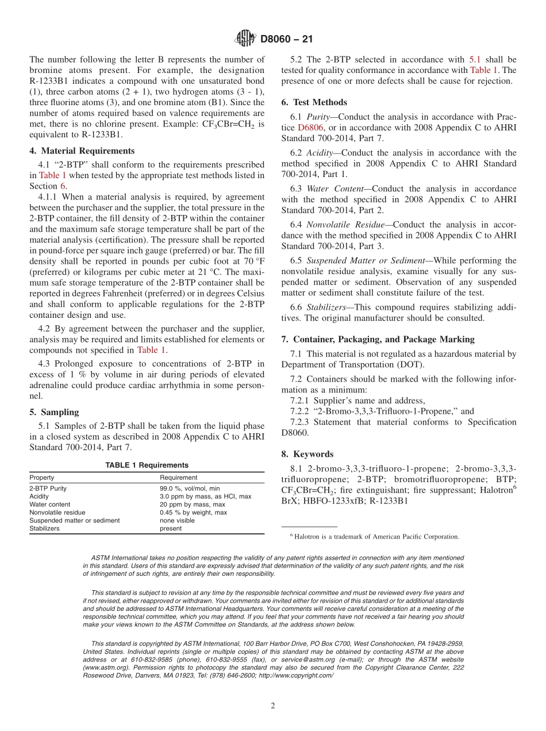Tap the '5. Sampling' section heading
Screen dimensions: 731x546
pyautogui.click(x=54, y=412)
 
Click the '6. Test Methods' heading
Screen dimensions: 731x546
pyautogui.click(x=314, y=102)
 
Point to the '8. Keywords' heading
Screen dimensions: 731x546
pyautogui.click(x=307, y=454)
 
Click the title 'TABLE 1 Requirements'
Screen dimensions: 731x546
pyautogui.click(x=147, y=465)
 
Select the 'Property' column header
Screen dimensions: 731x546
pyautogui.click(x=42, y=478)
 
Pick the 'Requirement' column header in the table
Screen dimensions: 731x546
pyautogui.click(x=178, y=478)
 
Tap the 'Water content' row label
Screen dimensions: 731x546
pyautogui.click(x=50, y=505)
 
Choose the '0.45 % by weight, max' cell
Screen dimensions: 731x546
pyautogui.click(x=193, y=513)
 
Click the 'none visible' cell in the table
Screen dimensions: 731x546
pyautogui.click(x=177, y=521)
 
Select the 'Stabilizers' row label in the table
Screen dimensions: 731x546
pyautogui.click(x=44, y=529)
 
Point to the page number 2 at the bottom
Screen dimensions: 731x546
pyautogui.click(x=273, y=706)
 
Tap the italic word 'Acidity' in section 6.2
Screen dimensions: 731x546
pyautogui.click(x=320, y=153)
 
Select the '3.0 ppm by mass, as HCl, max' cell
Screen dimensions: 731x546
pyautogui.click(x=205, y=497)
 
